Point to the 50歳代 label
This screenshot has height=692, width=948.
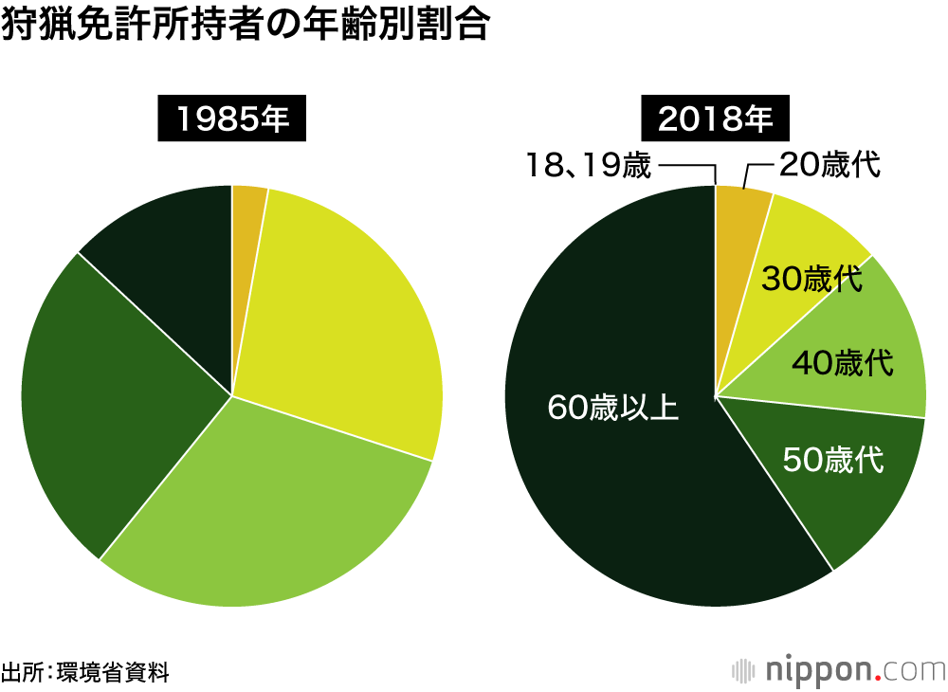pyautogui.click(x=833, y=461)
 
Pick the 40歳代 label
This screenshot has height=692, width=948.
pyautogui.click(x=843, y=362)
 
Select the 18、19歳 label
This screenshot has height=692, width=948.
pyautogui.click(x=589, y=167)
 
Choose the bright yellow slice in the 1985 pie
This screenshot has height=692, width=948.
pyautogui.click(x=351, y=303)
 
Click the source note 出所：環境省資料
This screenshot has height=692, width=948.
pyautogui.click(x=85, y=674)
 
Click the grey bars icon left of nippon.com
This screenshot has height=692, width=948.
pyautogui.click(x=745, y=669)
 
